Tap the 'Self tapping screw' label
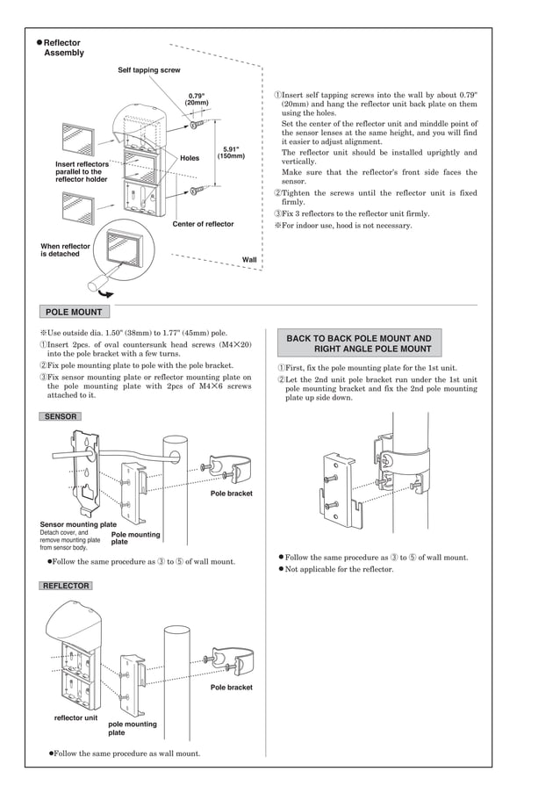[x=149, y=70]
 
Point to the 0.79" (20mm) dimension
[x=197, y=99]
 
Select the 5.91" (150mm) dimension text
[x=231, y=153]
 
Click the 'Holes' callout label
[x=190, y=159]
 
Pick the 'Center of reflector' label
[x=203, y=224]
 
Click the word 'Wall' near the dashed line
[x=249, y=260]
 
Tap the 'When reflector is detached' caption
[x=66, y=250]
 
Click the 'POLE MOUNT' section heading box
[x=74, y=312]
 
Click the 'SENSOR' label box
[x=61, y=416]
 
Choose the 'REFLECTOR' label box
[x=66, y=585]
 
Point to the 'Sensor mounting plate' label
[x=77, y=524]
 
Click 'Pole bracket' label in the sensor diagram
[x=231, y=494]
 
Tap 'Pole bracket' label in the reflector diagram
[x=231, y=688]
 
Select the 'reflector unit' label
[x=76, y=718]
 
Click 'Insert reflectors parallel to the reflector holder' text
[x=82, y=171]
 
